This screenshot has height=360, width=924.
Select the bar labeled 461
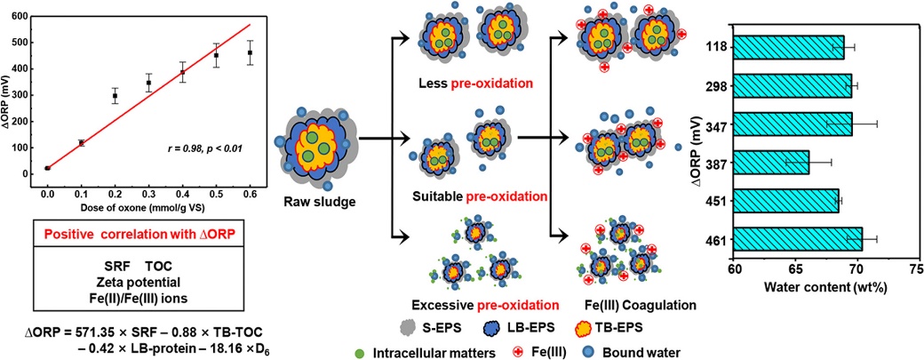click(798, 239)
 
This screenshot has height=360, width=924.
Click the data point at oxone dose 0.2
click(115, 95)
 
